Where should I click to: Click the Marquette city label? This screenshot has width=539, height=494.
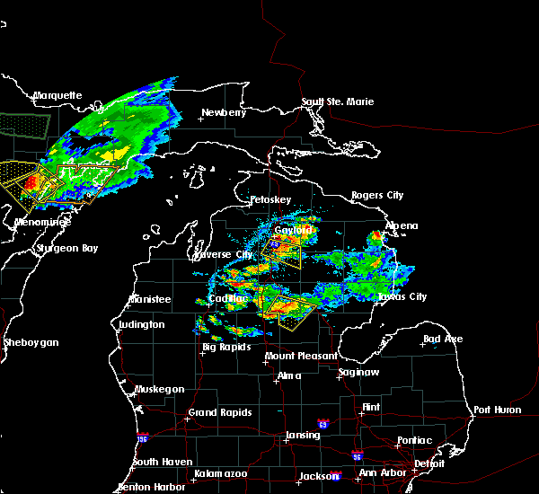tap(57, 95)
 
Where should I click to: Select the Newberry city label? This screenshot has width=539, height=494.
tap(223, 112)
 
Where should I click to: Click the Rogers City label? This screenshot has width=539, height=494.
tap(377, 195)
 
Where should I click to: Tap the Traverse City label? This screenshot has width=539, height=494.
tap(231, 254)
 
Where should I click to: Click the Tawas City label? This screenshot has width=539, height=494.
tap(402, 296)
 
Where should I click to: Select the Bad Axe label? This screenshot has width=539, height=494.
tap(443, 339)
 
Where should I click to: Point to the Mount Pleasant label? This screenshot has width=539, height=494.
tap(294, 357)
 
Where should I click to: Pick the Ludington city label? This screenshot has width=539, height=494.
tap(141, 324)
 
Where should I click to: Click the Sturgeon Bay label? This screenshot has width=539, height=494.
tap(66, 248)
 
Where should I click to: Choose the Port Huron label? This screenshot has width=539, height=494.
tap(497, 410)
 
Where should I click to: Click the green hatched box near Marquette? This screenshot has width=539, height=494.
tap(24, 124)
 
